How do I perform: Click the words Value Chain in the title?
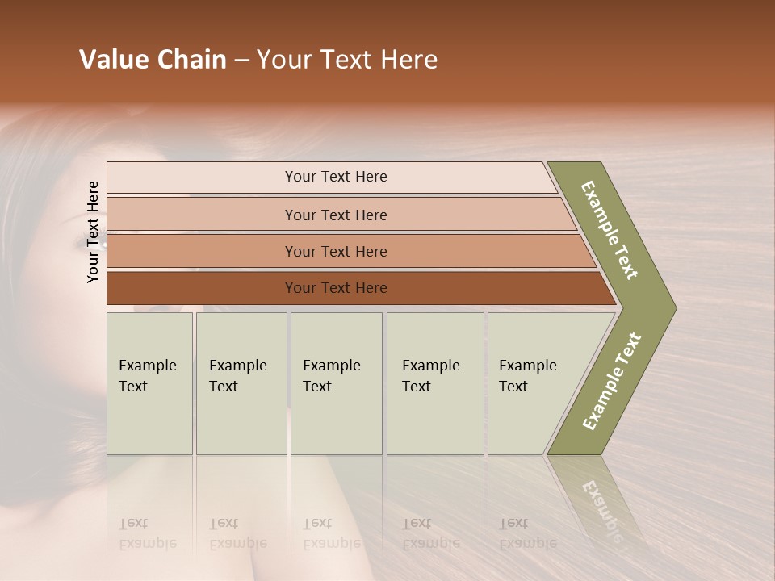pos(153,60)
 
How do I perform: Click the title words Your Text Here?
pos(347,60)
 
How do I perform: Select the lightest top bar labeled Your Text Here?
pos(335,177)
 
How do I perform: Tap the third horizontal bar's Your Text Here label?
pos(335,252)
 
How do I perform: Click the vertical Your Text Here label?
pos(94,232)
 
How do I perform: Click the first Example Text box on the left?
pos(149,383)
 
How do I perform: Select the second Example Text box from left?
pos(241,383)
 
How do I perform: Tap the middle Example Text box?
pos(335,383)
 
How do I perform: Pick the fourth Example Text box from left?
pos(434,383)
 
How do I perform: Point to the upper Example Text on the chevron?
pos(610,230)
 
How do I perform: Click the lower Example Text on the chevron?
pos(611,382)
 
